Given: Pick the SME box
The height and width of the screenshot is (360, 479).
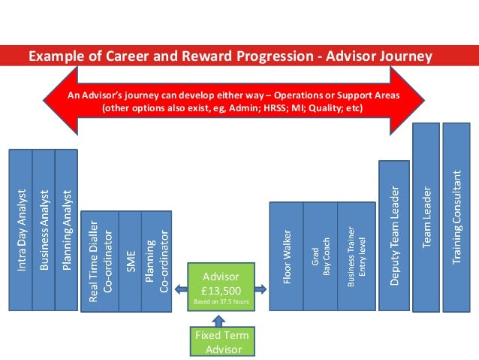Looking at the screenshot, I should click(128, 259).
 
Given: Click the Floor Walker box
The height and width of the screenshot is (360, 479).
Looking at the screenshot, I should click(286, 256).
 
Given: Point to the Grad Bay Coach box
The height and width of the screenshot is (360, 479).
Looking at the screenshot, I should click(320, 256).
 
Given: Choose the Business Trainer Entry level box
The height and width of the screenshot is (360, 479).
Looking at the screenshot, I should click(354, 256).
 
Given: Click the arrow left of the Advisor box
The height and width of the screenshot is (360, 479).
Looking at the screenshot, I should click(181, 288).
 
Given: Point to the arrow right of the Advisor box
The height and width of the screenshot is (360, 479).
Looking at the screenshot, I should click(260, 288).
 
